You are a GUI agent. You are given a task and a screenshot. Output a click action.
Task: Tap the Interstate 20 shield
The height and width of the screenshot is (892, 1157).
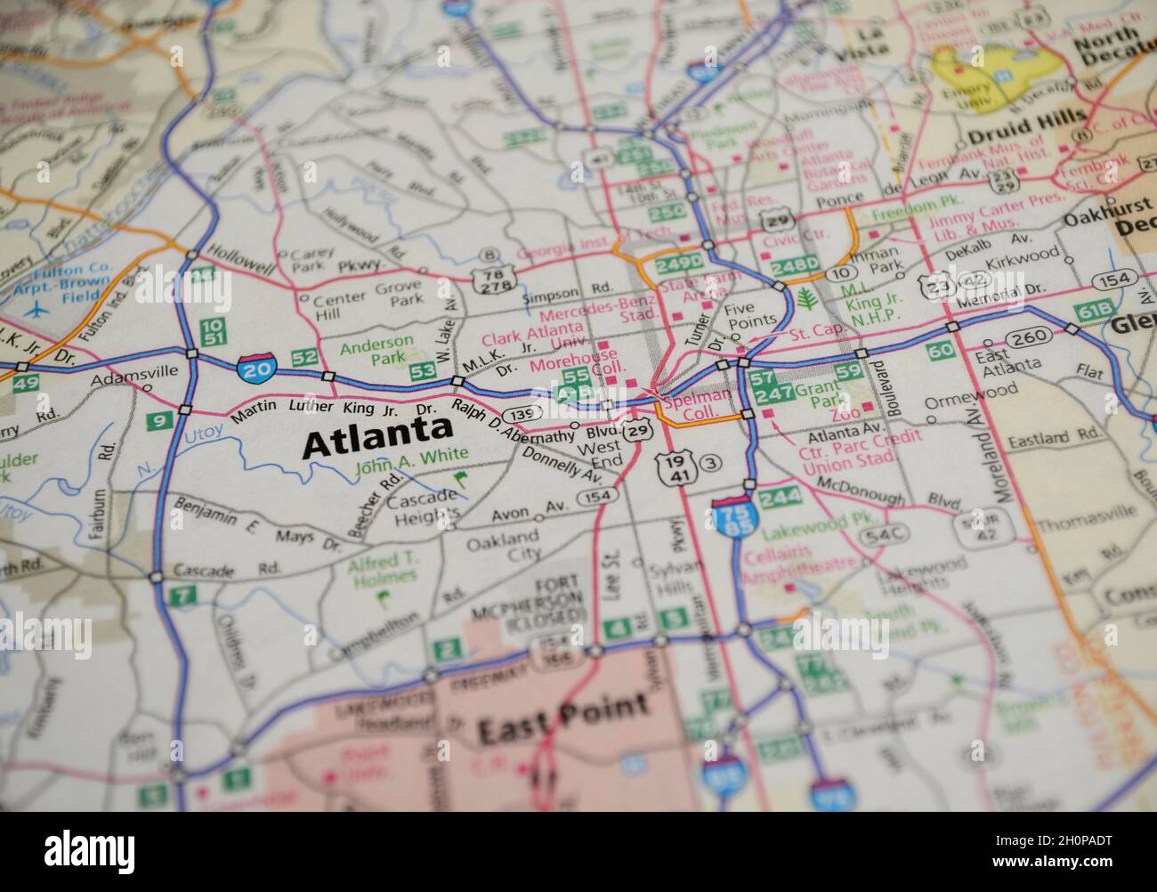tap(257, 364)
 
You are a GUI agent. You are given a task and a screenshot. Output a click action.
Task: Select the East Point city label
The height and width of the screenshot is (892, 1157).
tap(562, 720)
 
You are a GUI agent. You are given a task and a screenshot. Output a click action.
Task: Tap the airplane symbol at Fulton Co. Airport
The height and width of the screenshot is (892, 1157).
tap(36, 311)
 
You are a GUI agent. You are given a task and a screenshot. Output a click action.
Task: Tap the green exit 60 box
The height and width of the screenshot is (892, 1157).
tap(941, 350)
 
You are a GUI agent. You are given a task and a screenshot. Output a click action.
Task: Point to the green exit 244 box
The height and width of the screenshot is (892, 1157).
tap(779, 497)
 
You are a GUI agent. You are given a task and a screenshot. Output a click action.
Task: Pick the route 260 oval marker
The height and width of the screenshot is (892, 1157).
tap(1031, 337)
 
